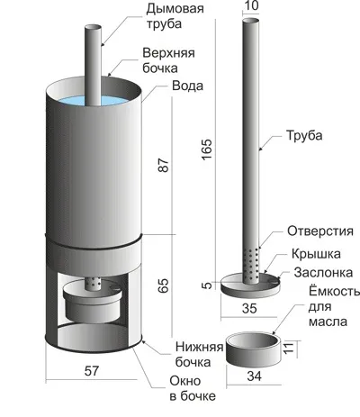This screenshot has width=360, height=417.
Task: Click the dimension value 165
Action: tap(207, 150)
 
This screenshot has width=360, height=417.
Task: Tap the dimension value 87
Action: tap(164, 165)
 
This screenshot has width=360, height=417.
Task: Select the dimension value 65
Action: tap(164, 286)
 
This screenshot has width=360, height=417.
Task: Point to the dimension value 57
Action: tap(92, 371)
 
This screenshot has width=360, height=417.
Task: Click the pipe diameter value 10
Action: tap(251, 5)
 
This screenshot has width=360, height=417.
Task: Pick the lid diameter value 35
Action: tap(249, 308)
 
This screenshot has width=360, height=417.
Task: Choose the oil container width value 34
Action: tap(254, 376)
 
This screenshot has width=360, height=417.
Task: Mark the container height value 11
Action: tap(288, 348)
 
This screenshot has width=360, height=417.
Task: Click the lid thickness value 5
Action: tap(207, 285)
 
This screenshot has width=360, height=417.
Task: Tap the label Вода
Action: tap(187, 86)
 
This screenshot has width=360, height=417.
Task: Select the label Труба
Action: tap(304, 136)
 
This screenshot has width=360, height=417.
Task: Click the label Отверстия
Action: tap(320, 231)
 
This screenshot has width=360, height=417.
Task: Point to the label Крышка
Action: tap(316, 254)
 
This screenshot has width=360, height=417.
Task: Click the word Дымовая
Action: tap(175, 9)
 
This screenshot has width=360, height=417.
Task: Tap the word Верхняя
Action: tap(168, 53)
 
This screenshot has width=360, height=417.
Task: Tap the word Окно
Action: tap(185, 381)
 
